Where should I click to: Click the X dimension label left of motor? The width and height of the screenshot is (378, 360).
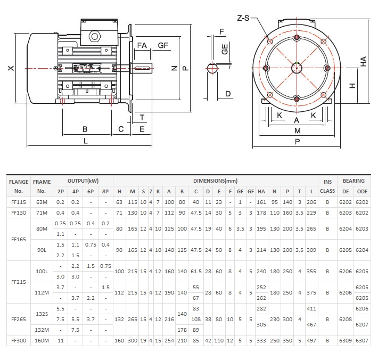pyautogui.click(x=10, y=68)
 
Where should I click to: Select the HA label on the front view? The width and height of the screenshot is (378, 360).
pyautogui.click(x=364, y=62)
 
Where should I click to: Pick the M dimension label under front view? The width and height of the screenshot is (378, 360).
pyautogui.click(x=297, y=130)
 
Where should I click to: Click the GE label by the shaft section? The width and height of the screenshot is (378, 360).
pyautogui.click(x=225, y=50)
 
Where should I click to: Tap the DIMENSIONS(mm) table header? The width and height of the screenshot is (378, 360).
pyautogui.click(x=216, y=181)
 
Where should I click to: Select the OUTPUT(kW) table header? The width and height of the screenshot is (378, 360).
pyautogui.click(x=83, y=181)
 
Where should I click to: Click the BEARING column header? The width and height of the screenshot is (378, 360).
pyautogui.click(x=354, y=181)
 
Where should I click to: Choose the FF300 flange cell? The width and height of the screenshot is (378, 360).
pyautogui.click(x=19, y=340)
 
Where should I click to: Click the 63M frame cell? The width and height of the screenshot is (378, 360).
pyautogui.click(x=42, y=202)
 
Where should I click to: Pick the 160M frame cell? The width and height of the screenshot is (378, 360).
pyautogui.click(x=42, y=340)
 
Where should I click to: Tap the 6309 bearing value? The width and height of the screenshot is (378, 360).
pyautogui.click(x=346, y=340)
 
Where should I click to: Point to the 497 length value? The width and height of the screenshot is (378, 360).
pyautogui.click(x=312, y=340)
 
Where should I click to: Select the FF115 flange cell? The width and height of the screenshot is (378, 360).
pyautogui.click(x=19, y=202)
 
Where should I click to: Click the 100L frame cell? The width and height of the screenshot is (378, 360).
pyautogui.click(x=42, y=272)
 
